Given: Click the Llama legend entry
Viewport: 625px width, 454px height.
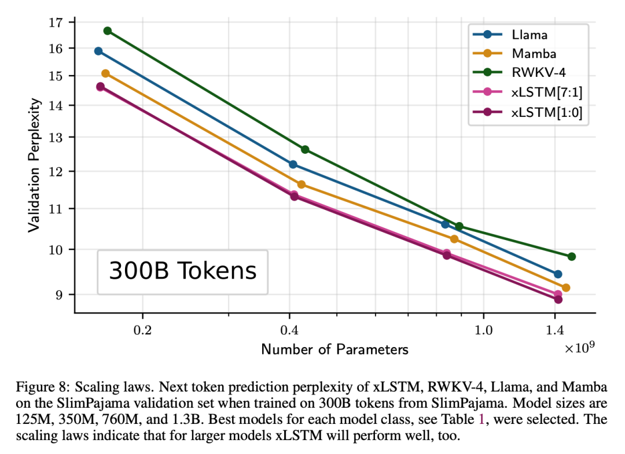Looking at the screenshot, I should [x=528, y=35].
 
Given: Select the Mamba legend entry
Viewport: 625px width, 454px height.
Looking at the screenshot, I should [x=533, y=54].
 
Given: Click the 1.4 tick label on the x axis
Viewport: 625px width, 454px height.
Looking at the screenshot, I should [x=555, y=331].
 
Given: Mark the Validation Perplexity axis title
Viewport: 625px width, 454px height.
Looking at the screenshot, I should [x=35, y=165].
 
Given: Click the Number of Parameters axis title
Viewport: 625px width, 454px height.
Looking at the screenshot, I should [x=334, y=350].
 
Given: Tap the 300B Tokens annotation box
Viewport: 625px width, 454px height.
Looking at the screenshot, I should [x=182, y=271].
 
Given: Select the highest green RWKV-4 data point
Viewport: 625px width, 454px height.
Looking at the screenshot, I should [x=108, y=31].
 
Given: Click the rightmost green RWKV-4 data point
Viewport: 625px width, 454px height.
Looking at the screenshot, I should [x=572, y=256].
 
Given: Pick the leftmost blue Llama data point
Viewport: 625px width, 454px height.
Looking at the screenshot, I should [x=98, y=51].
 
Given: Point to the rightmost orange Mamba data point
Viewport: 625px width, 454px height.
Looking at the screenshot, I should [x=566, y=287].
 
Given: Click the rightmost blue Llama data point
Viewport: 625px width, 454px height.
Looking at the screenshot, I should [x=558, y=274].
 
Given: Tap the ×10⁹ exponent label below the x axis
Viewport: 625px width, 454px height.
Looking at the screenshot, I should [x=580, y=348].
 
